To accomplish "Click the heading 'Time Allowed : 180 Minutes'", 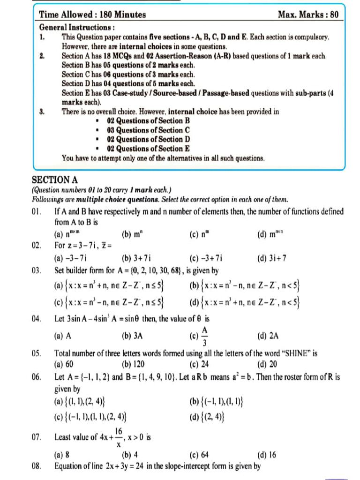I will coord(92,15).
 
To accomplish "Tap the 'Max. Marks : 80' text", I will coord(307,15).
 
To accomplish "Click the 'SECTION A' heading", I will coord(54,180).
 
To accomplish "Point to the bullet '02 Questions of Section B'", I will coord(148,121).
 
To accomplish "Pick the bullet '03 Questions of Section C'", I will coord(148,130).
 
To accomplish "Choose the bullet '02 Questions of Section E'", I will coord(148,149).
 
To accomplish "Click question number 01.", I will coord(37,212).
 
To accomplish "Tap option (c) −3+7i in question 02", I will coord(206,257).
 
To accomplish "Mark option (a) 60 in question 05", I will coord(64,364).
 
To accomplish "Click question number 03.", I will coord(37,270).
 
